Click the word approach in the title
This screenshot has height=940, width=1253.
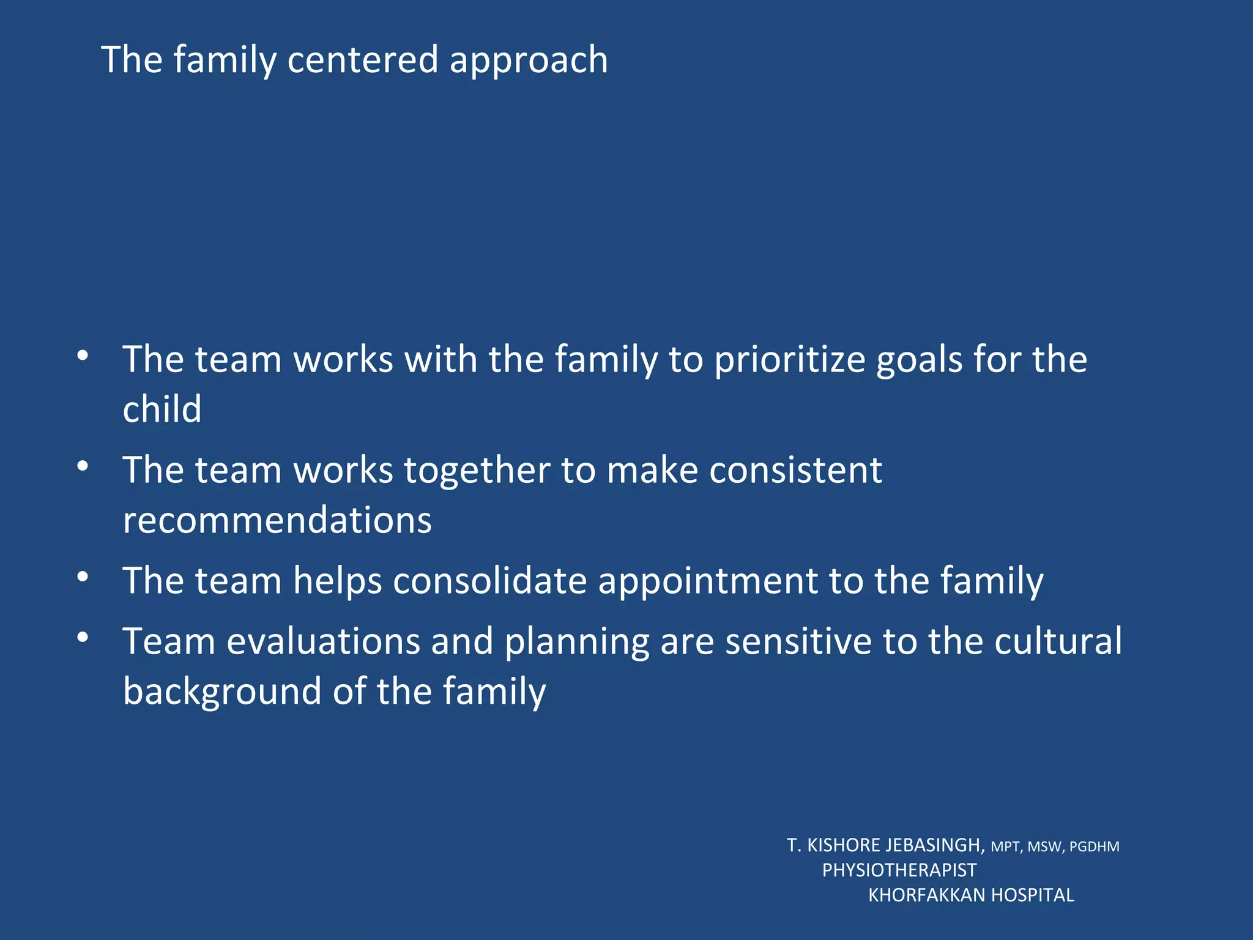click(529, 61)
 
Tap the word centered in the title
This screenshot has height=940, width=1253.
click(362, 60)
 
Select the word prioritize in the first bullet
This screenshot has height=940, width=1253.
click(789, 360)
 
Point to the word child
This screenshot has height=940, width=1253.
click(162, 409)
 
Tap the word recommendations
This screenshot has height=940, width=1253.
click(277, 520)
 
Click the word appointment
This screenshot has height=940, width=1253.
click(707, 581)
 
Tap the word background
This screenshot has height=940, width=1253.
click(222, 692)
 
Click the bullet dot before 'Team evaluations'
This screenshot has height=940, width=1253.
click(83, 637)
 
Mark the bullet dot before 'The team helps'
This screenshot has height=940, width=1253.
click(83, 576)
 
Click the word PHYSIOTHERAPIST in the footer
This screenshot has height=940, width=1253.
click(899, 870)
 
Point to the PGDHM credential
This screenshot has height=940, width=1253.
click(1094, 847)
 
